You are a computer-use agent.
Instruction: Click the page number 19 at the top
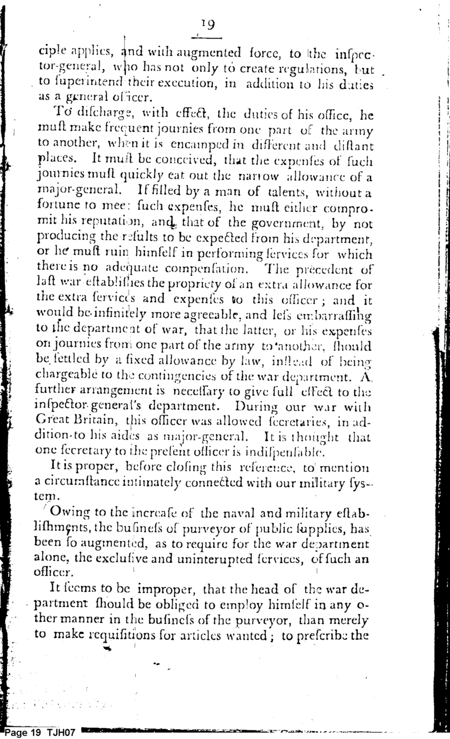pyautogui.click(x=207, y=25)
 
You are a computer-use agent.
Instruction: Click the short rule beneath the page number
pyautogui.click(x=206, y=38)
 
